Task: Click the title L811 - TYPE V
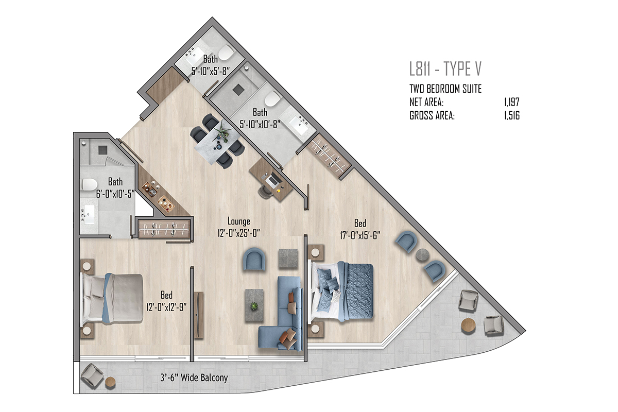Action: (445, 68)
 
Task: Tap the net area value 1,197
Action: (512, 102)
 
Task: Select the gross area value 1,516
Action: (512, 116)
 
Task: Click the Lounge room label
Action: (238, 221)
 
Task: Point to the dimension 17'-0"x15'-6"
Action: (360, 235)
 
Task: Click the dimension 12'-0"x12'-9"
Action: (166, 307)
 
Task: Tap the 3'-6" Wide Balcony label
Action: (194, 377)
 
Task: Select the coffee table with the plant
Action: (254, 305)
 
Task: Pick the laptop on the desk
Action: (273, 180)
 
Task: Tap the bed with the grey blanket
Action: (111, 298)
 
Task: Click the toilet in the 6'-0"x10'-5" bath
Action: (89, 184)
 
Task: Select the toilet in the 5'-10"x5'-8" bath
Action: (226, 53)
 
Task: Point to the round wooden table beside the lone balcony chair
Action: (111, 383)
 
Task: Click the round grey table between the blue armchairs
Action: (422, 255)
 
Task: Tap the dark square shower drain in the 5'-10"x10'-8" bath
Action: (238, 89)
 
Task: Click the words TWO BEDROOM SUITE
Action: (445, 89)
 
